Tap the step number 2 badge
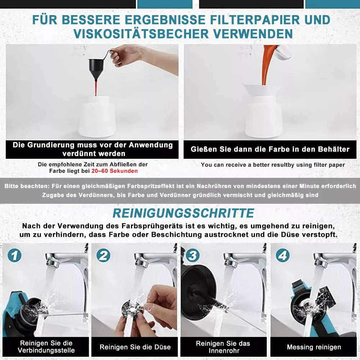click(x=103, y=256)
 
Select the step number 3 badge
click(x=192, y=256)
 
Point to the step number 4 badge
click(x=283, y=256)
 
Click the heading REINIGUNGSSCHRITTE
click(x=183, y=213)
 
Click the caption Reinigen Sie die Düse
click(x=135, y=347)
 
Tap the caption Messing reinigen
click(x=314, y=347)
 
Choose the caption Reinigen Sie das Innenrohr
click(x=223, y=347)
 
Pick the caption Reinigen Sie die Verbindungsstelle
click(x=46, y=347)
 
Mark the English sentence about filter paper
click(x=273, y=165)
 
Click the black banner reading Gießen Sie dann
click(x=270, y=149)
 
